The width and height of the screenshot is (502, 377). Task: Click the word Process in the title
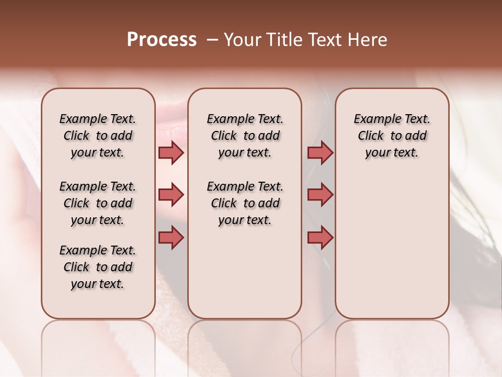(x=162, y=40)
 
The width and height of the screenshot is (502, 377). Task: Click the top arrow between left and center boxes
(x=171, y=152)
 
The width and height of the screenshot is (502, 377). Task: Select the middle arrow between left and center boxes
(x=171, y=195)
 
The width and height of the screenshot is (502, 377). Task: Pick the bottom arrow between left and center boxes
(x=171, y=238)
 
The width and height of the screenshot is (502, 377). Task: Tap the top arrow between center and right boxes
(x=320, y=152)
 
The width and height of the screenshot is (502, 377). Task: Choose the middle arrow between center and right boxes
(x=320, y=195)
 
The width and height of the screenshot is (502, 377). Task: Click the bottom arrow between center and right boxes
(x=320, y=238)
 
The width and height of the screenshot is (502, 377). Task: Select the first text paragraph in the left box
(x=98, y=136)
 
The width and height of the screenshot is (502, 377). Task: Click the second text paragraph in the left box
(x=98, y=203)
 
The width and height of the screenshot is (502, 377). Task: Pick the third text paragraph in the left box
(x=98, y=267)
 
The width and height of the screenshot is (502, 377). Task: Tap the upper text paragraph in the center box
(x=245, y=136)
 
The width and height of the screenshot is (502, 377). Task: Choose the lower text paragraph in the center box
(x=245, y=203)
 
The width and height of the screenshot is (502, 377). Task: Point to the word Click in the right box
(x=371, y=136)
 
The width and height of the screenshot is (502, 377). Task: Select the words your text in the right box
(x=392, y=153)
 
